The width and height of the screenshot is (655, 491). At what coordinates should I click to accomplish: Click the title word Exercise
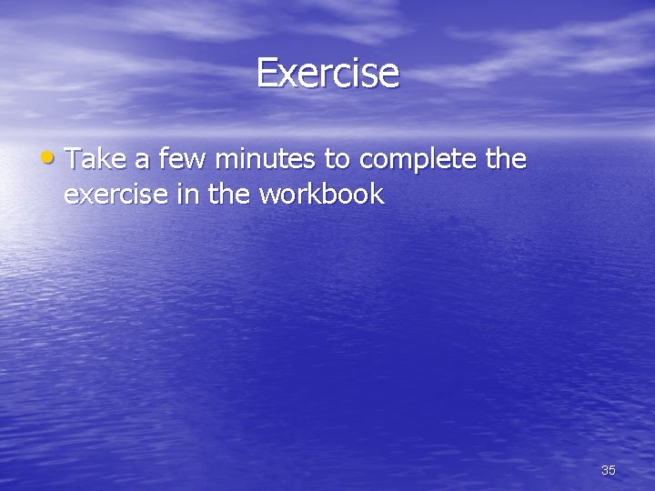click(x=327, y=73)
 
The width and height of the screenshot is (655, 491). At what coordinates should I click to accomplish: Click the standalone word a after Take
click(x=143, y=162)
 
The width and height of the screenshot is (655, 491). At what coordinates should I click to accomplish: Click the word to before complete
click(x=337, y=161)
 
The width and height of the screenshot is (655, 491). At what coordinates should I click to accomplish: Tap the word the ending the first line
click(x=506, y=160)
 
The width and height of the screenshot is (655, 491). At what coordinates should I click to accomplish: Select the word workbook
click(x=324, y=194)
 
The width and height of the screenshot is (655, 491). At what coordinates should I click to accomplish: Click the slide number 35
click(x=609, y=470)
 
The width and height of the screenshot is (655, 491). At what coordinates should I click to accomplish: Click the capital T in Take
click(x=75, y=160)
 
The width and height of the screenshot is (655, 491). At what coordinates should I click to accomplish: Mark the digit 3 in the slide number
click(x=605, y=470)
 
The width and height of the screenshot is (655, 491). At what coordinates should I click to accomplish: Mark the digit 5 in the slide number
click(x=612, y=470)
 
